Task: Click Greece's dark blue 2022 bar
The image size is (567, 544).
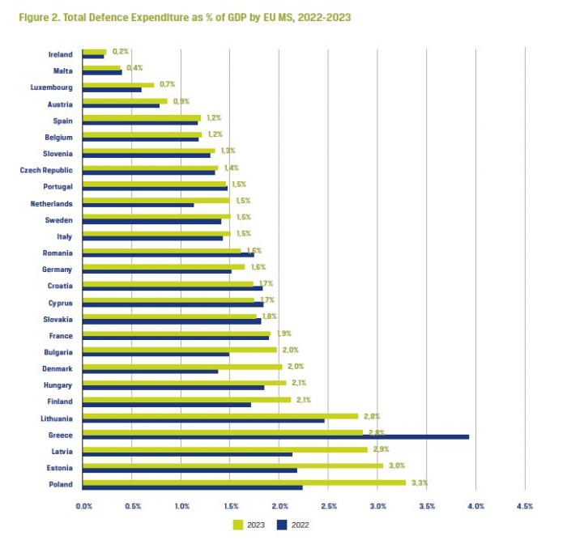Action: tap(275, 437)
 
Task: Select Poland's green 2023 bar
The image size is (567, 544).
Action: tap(243, 482)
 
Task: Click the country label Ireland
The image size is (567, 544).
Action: tap(60, 54)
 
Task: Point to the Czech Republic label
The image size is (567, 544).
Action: tap(46, 170)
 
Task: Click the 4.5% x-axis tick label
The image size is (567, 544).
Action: tap(524, 506)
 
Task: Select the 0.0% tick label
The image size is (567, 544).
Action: tap(83, 506)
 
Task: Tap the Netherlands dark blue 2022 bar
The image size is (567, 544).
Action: tap(138, 205)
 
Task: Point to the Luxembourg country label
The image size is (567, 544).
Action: tap(51, 87)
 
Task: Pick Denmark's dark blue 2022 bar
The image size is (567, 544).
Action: tap(150, 372)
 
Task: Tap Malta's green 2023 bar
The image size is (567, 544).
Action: tap(101, 68)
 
